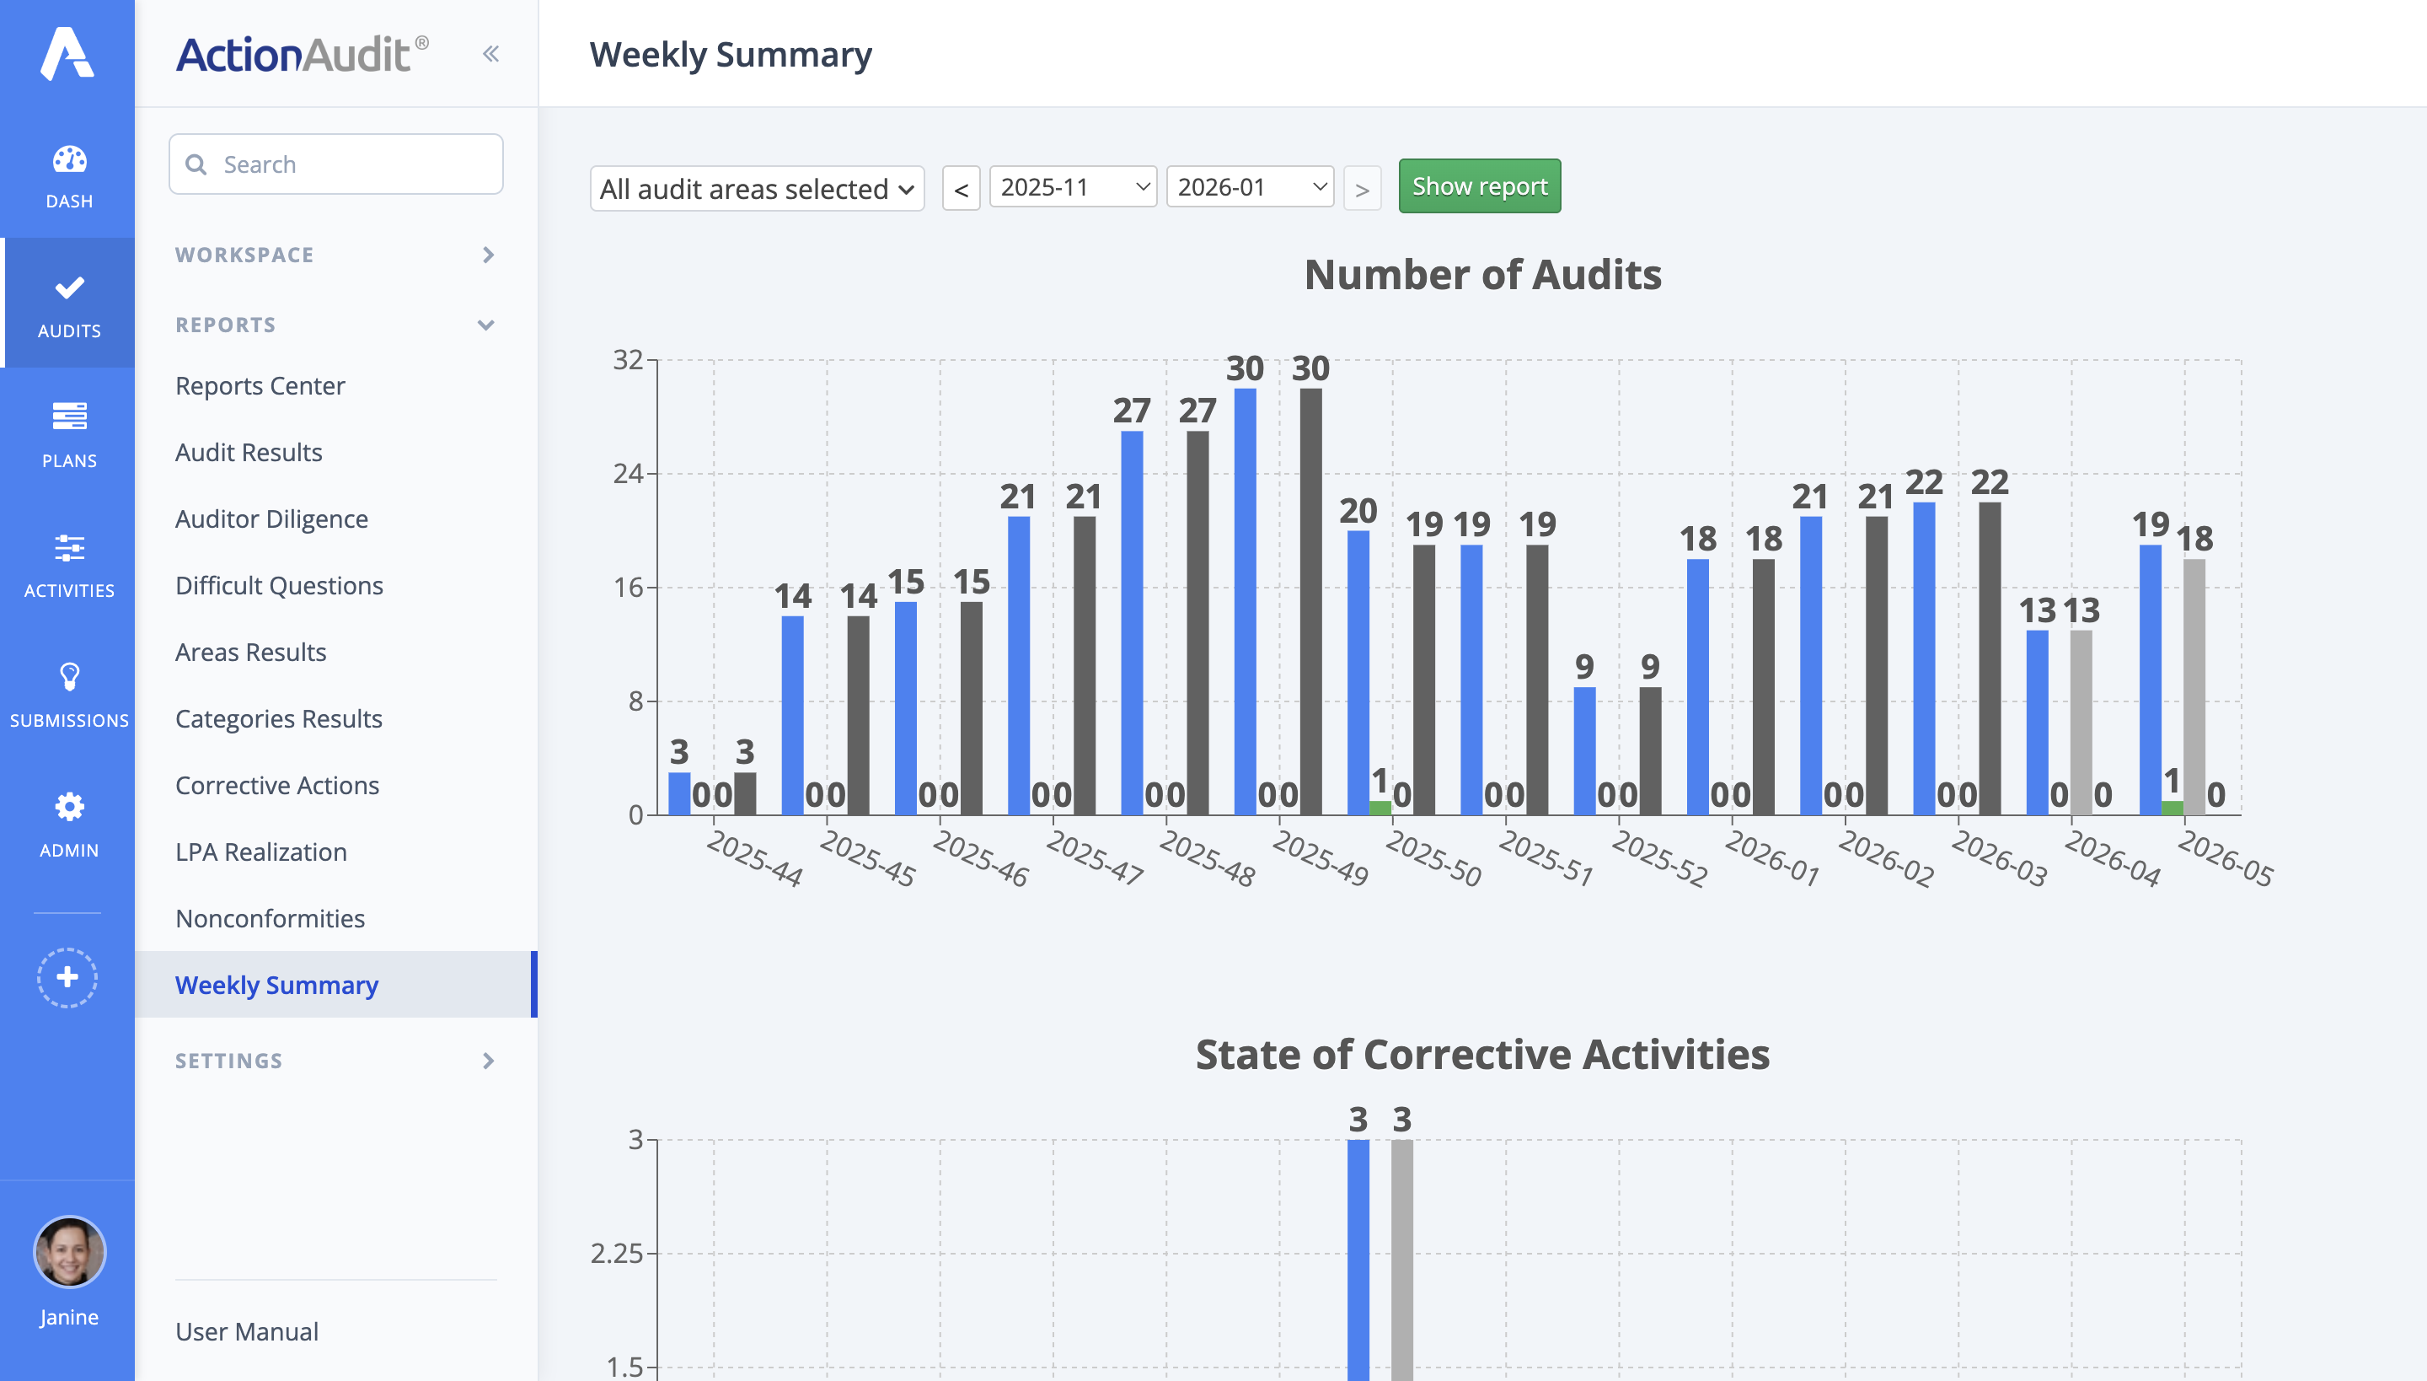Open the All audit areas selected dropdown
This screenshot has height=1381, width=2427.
click(757, 189)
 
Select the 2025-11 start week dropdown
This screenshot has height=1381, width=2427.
click(1072, 187)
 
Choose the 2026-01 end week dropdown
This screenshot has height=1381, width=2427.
click(1249, 187)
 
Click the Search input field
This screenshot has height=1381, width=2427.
click(336, 164)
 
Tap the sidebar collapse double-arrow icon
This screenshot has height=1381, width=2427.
click(490, 54)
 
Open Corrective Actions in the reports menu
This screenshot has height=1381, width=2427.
click(276, 786)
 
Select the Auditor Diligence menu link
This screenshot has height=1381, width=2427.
click(271, 519)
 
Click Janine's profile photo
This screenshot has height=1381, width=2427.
click(68, 1252)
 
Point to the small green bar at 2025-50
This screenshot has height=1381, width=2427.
click(1380, 808)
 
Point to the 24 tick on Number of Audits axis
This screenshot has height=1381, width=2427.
click(628, 473)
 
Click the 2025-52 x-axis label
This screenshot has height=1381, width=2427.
click(1659, 858)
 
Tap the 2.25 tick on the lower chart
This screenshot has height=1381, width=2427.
click(617, 1254)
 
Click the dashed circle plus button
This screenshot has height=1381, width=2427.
click(67, 977)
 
